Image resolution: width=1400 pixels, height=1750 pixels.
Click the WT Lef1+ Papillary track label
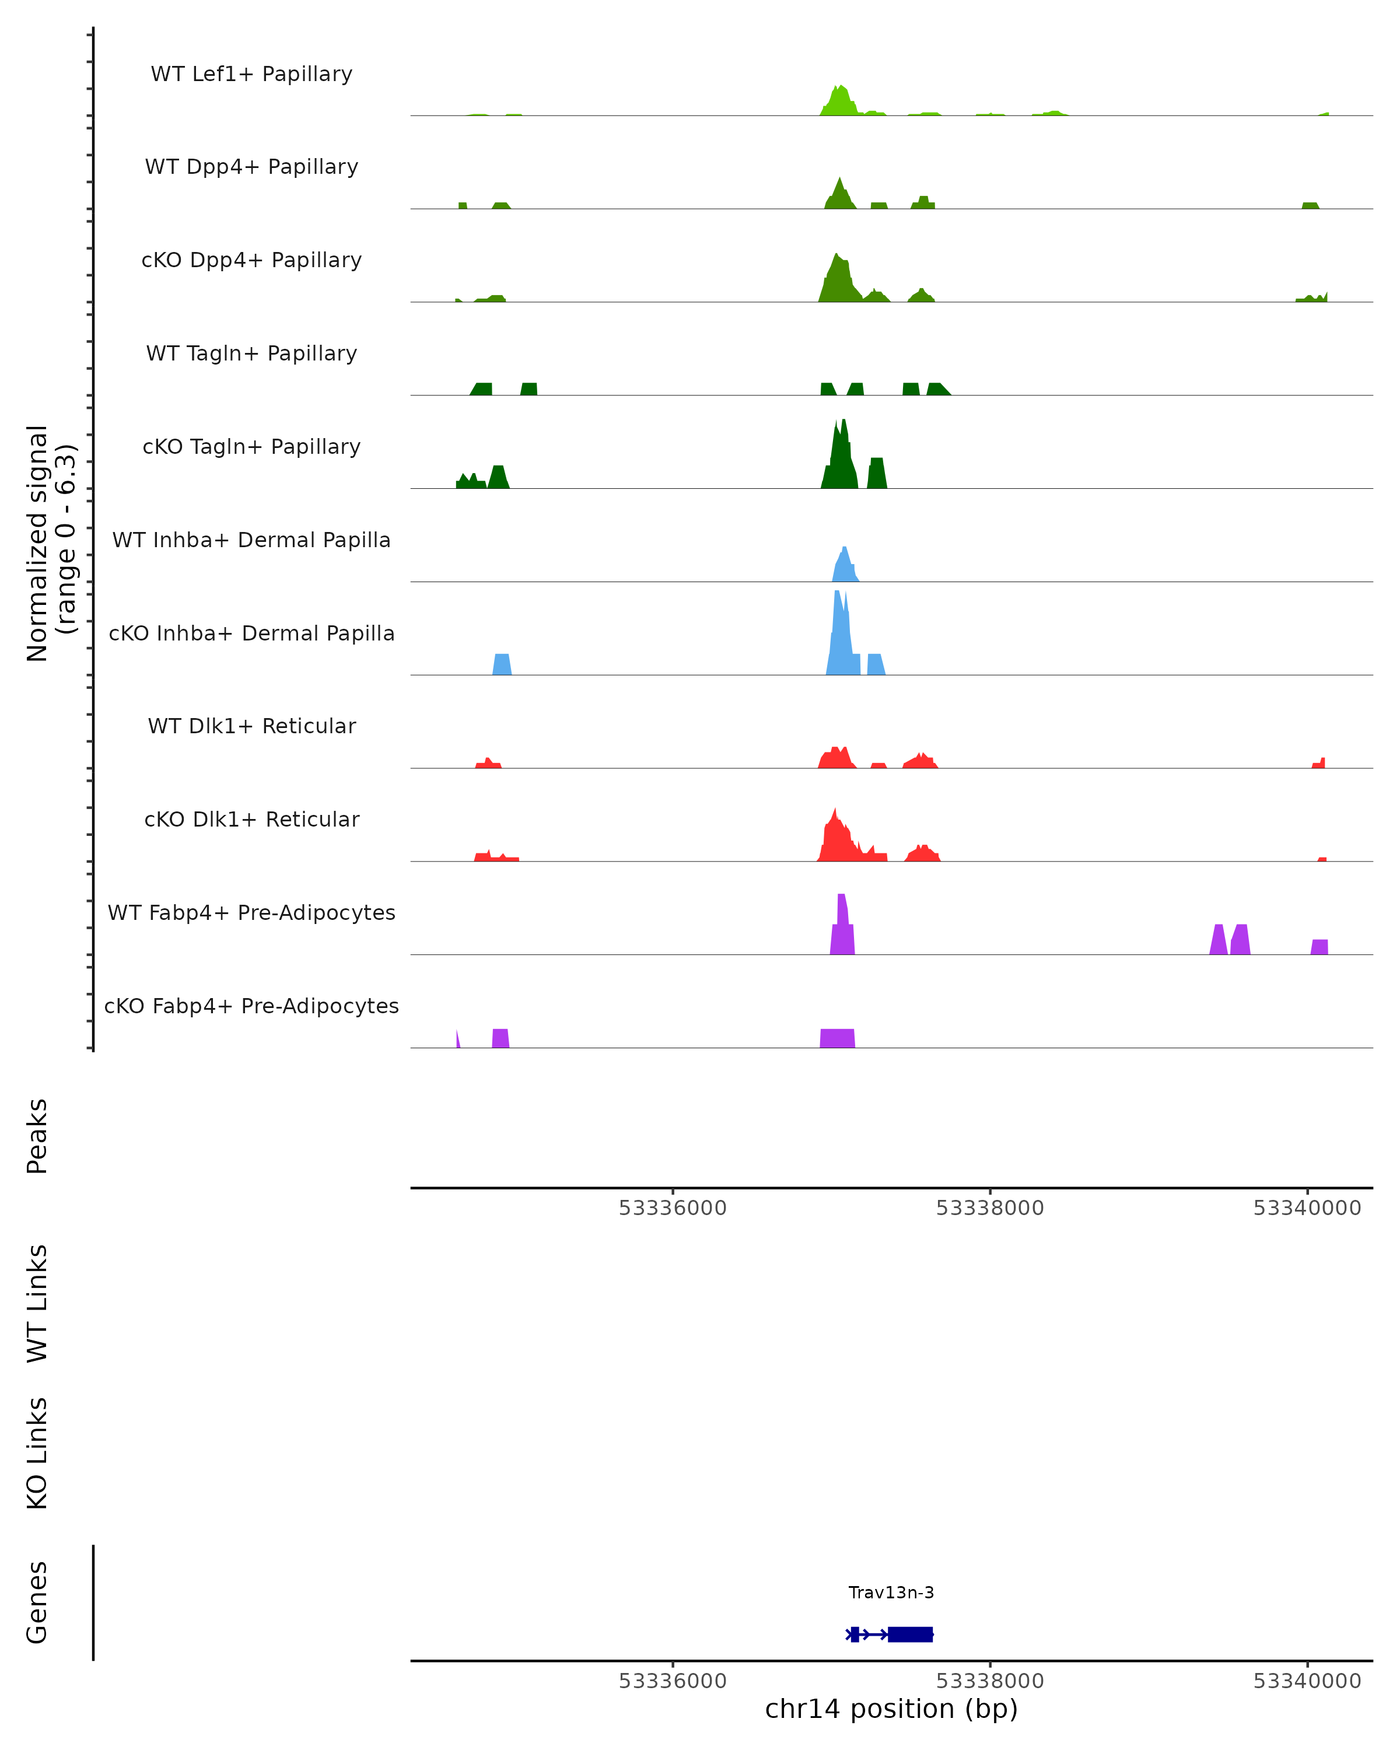[x=251, y=74]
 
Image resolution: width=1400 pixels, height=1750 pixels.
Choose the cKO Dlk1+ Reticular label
[x=251, y=819]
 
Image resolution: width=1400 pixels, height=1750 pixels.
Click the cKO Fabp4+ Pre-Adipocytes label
[x=251, y=1006]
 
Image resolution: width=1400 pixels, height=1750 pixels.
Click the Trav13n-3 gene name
[x=891, y=1592]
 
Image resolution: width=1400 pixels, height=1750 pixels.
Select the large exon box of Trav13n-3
[x=910, y=1634]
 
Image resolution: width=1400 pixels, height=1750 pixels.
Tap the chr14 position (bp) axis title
[x=891, y=1709]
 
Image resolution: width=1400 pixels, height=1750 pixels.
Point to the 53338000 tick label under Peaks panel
[x=989, y=1208]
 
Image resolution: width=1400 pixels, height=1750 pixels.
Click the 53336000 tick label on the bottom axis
[x=672, y=1681]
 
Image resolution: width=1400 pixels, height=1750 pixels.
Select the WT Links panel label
[x=37, y=1303]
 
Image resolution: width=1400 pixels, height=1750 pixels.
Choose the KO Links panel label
[x=37, y=1454]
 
